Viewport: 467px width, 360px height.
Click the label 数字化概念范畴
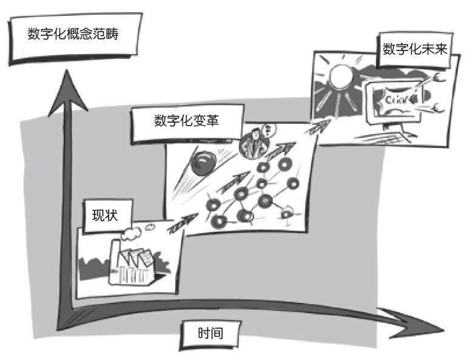pos(73,33)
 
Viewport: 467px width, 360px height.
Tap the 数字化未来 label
pos(415,49)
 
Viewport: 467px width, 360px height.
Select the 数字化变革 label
pos(187,121)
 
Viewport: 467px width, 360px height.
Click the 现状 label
pos(105,215)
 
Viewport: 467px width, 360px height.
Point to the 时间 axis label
pos(210,333)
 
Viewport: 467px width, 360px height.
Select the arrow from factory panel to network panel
pos(183,223)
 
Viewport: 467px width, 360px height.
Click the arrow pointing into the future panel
pos(318,127)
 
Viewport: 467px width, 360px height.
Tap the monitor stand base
pos(384,136)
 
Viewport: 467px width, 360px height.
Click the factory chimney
pos(116,256)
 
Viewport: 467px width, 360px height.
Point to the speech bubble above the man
pos(269,130)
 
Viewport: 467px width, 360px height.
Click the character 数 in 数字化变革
pos(160,121)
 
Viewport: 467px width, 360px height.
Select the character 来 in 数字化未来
pos(441,49)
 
